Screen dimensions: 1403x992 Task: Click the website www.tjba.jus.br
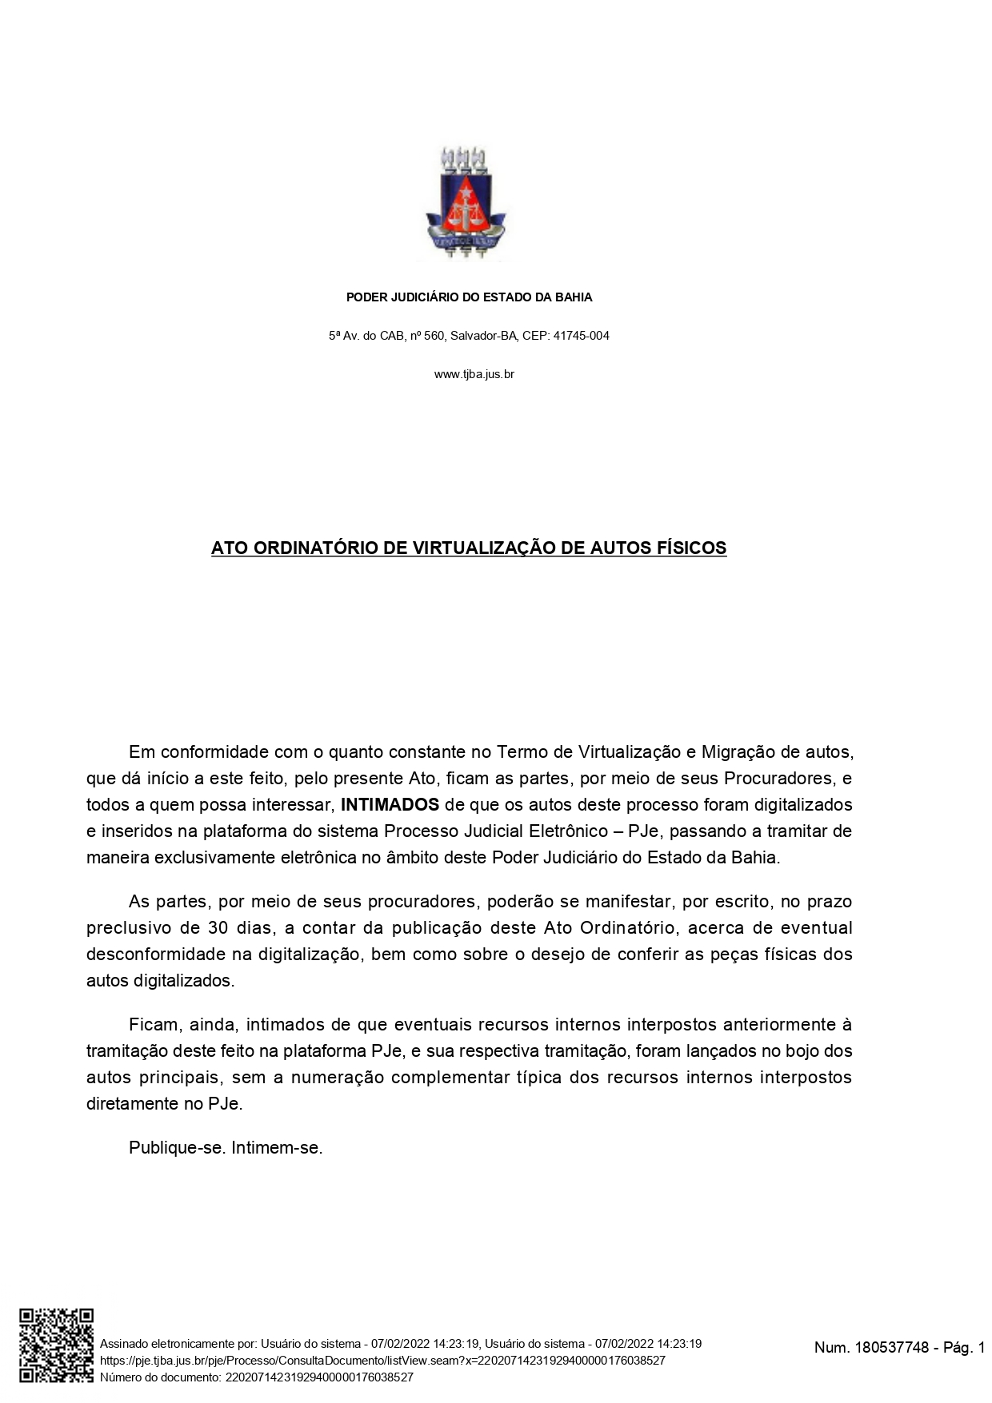pyautogui.click(x=474, y=374)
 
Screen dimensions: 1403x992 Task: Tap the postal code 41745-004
pyautogui.click(x=582, y=336)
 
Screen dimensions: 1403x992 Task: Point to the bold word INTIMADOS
pyautogui.click(x=390, y=804)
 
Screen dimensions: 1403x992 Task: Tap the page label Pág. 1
pyautogui.click(x=964, y=1348)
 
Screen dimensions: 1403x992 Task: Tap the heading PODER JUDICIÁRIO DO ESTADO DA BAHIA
pyautogui.click(x=469, y=297)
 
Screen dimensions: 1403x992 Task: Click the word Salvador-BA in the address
pyautogui.click(x=484, y=336)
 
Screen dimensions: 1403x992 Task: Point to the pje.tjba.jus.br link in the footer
pyautogui.click(x=382, y=1360)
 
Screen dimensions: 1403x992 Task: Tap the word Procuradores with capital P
pyautogui.click(x=778, y=778)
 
